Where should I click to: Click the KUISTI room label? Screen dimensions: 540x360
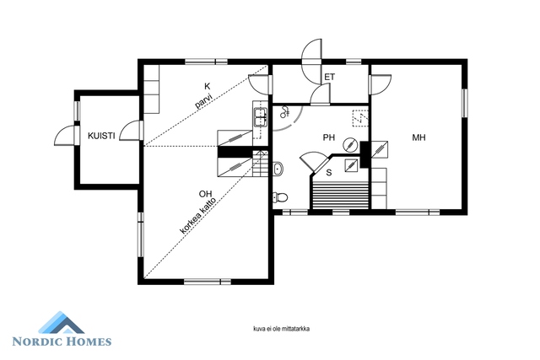pos(101,136)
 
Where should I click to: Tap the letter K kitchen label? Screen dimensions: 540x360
pos(207,86)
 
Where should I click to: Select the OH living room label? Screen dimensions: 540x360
pos(205,194)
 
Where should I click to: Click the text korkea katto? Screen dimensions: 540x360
pos(198,216)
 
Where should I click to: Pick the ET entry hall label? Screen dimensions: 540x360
pos(330,77)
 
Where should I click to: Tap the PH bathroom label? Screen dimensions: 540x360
pos(329,137)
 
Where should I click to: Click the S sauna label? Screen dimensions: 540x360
pos(329,173)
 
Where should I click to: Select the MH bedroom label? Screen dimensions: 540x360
pos(418,137)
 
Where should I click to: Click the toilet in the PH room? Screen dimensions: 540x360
pos(280,197)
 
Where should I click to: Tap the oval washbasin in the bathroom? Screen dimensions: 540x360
pos(278,169)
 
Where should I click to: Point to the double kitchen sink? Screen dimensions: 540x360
pos(261,117)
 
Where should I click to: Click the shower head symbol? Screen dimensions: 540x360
pos(285,111)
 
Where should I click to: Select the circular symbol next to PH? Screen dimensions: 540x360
pos(350,144)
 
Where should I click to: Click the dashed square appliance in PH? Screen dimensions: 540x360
pos(360,118)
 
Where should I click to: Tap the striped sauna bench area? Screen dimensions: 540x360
pos(340,195)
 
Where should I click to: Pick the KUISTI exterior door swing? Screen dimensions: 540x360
pos(64,135)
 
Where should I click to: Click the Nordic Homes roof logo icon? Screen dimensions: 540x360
pos(61,323)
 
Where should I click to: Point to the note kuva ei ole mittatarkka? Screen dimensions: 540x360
pos(281,329)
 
